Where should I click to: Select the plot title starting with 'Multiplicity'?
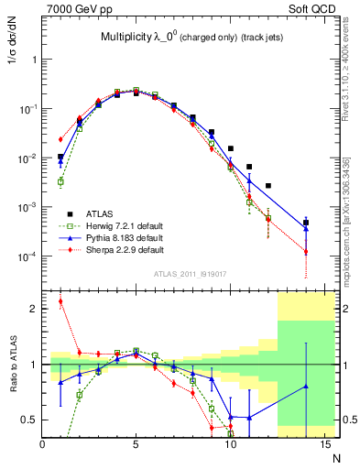coord(191,38)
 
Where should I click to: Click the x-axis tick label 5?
coord(136,443)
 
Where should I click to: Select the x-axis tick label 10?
coord(231,443)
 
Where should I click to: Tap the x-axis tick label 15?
coord(324,443)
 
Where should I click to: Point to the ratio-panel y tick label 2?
coord(34,309)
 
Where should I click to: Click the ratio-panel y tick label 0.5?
coord(30,420)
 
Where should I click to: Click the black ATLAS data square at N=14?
coord(306,223)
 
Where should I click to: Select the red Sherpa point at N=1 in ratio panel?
coord(60,300)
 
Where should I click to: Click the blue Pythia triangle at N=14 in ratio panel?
coord(306,386)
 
